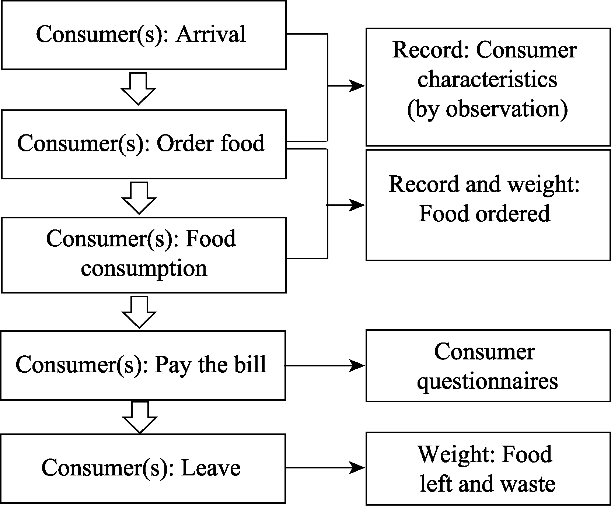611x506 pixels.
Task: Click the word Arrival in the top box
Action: click(x=211, y=35)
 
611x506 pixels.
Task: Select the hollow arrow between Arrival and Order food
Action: click(x=138, y=89)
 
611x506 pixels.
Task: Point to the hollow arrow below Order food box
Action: click(x=139, y=198)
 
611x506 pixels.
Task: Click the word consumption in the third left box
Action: click(x=144, y=269)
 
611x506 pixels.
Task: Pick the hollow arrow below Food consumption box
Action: click(x=139, y=312)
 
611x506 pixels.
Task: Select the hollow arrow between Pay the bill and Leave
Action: click(x=140, y=417)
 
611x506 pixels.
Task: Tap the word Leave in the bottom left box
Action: click(x=211, y=468)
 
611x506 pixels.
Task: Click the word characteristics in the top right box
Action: click(x=487, y=79)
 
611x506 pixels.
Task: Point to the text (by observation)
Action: click(x=487, y=109)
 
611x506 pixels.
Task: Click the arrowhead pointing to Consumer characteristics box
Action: click(x=357, y=86)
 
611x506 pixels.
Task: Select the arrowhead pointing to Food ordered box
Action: click(x=357, y=205)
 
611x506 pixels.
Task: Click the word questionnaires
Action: click(x=487, y=382)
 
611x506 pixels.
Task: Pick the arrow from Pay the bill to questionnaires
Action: click(x=325, y=366)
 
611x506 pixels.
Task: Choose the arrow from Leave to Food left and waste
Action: click(x=325, y=468)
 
